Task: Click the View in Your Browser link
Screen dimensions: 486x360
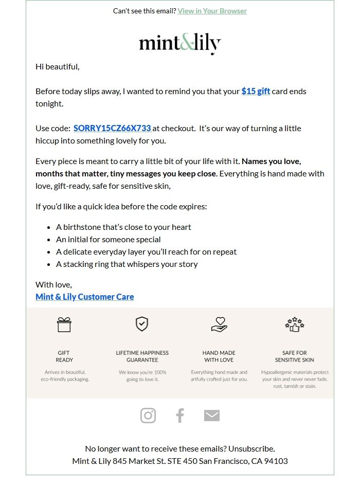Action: (212, 11)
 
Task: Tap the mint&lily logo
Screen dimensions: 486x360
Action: (179, 44)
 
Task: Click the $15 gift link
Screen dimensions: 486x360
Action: (256, 91)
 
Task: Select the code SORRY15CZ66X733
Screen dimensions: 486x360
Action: (112, 128)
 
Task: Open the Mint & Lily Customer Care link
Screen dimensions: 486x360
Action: (84, 297)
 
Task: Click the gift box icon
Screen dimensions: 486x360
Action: (64, 325)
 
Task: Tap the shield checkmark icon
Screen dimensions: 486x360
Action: (142, 324)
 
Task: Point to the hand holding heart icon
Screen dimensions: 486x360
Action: (219, 325)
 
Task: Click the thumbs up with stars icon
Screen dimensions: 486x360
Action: (295, 324)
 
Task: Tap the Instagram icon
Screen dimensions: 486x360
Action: (148, 416)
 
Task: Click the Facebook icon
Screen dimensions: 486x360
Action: (179, 416)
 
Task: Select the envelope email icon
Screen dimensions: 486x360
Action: (212, 416)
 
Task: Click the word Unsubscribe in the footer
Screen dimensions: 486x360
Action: (251, 448)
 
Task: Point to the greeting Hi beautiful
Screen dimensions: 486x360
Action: (57, 66)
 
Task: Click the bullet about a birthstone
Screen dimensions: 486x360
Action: (123, 227)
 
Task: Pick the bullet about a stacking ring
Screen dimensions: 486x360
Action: (127, 264)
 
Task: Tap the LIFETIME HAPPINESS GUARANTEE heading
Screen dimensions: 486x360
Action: (142, 356)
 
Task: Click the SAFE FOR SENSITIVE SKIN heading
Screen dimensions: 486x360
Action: (295, 356)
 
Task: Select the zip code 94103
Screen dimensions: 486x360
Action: (276, 461)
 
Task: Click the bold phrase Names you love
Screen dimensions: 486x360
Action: (271, 161)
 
